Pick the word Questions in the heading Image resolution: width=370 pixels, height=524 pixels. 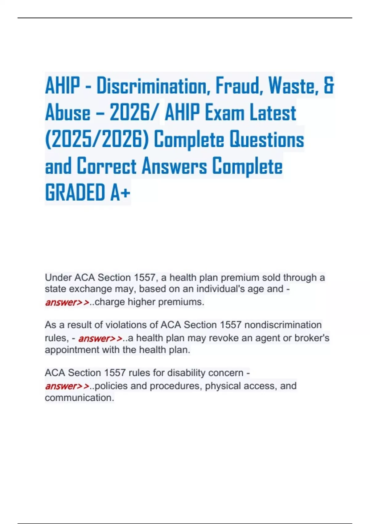pos(267,139)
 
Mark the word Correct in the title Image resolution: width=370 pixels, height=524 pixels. pos(106,166)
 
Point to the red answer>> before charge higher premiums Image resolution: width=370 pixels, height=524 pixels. pos(67,302)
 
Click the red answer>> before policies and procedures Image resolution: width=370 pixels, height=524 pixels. pos(67,386)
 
